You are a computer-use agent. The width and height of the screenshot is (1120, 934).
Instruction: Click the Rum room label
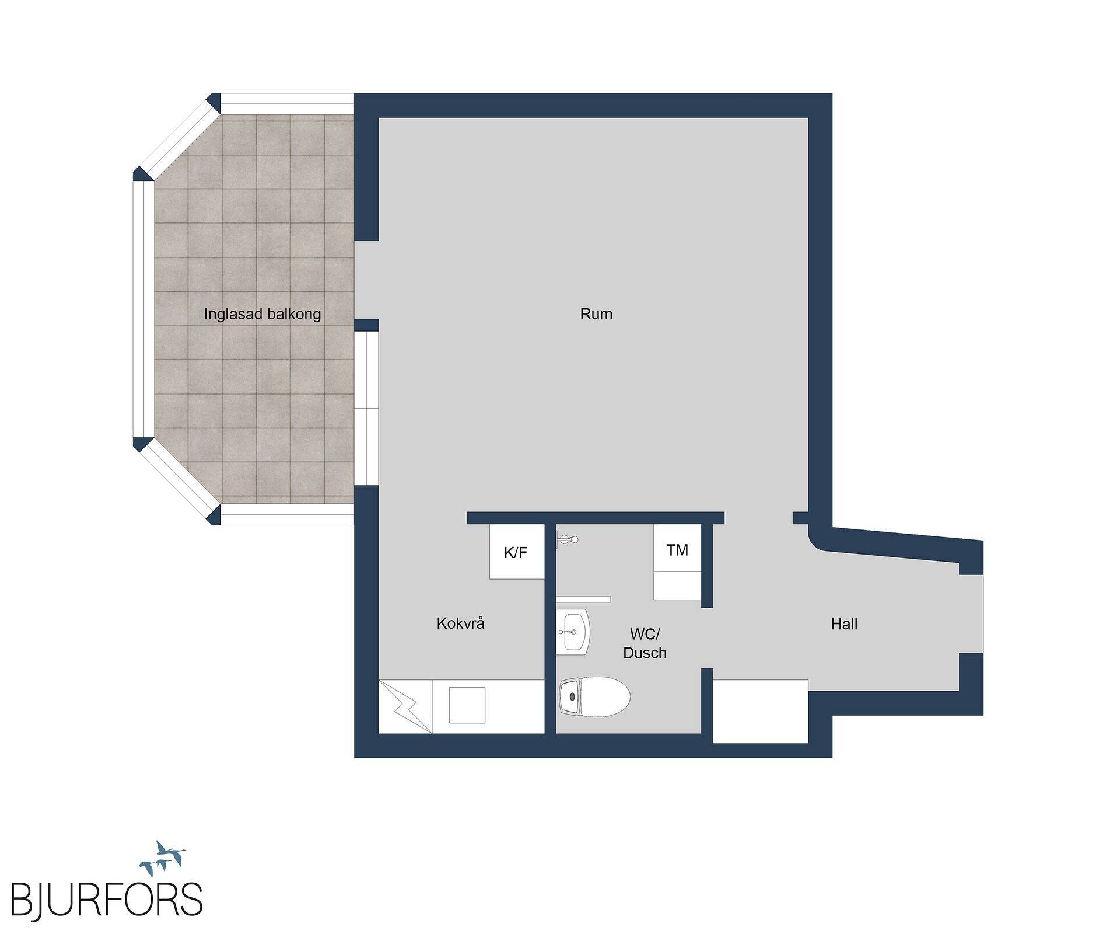(x=596, y=314)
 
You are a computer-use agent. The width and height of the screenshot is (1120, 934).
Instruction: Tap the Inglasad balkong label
(x=262, y=315)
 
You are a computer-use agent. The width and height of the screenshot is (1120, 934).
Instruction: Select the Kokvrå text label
(x=460, y=623)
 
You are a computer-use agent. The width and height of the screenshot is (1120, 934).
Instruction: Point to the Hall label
(x=844, y=624)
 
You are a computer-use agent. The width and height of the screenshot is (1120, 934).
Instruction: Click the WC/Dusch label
(x=645, y=643)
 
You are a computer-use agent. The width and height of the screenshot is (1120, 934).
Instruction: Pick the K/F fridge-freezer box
(x=517, y=552)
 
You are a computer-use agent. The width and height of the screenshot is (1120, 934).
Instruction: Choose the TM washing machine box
(x=677, y=562)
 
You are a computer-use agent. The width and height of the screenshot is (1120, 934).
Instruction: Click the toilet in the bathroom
(x=594, y=696)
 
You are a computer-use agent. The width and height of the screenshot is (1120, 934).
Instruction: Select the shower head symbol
(x=567, y=539)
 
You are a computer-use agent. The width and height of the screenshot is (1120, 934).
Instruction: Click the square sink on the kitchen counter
(x=467, y=705)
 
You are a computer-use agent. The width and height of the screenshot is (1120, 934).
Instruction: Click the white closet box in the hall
(x=761, y=712)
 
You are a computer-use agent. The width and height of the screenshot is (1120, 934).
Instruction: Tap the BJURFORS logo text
(x=107, y=900)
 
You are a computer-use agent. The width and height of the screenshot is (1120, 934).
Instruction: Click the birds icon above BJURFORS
(x=162, y=858)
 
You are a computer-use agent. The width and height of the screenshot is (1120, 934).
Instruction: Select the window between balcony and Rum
(x=366, y=408)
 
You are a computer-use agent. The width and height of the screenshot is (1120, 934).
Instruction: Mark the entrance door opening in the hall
(x=972, y=614)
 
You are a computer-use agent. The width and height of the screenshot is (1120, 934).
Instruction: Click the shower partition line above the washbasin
(x=583, y=600)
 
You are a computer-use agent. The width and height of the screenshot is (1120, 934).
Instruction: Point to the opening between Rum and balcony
(x=366, y=280)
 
